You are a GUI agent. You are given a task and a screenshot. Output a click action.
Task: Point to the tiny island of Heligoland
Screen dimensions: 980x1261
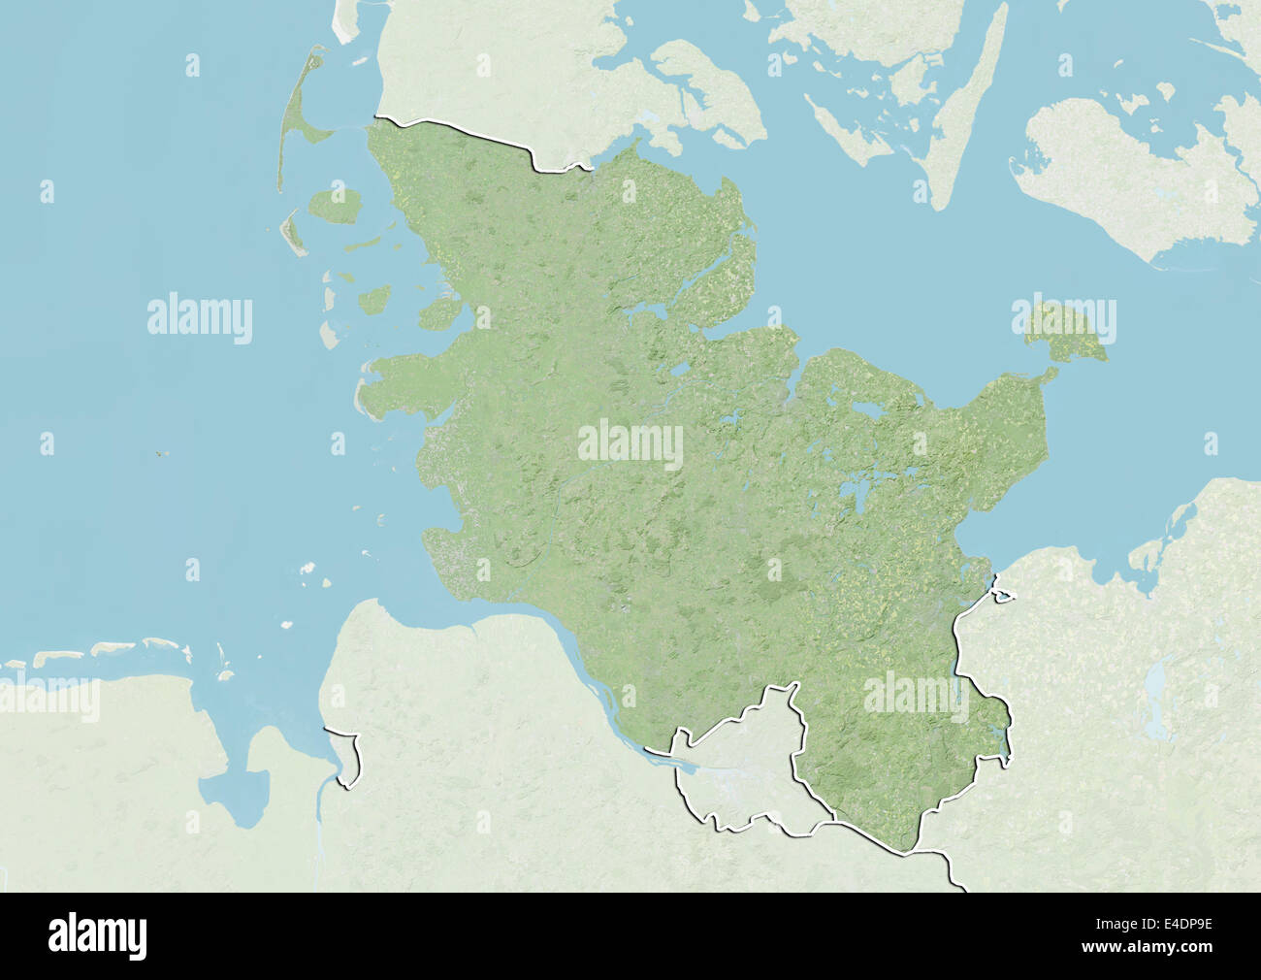159,452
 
